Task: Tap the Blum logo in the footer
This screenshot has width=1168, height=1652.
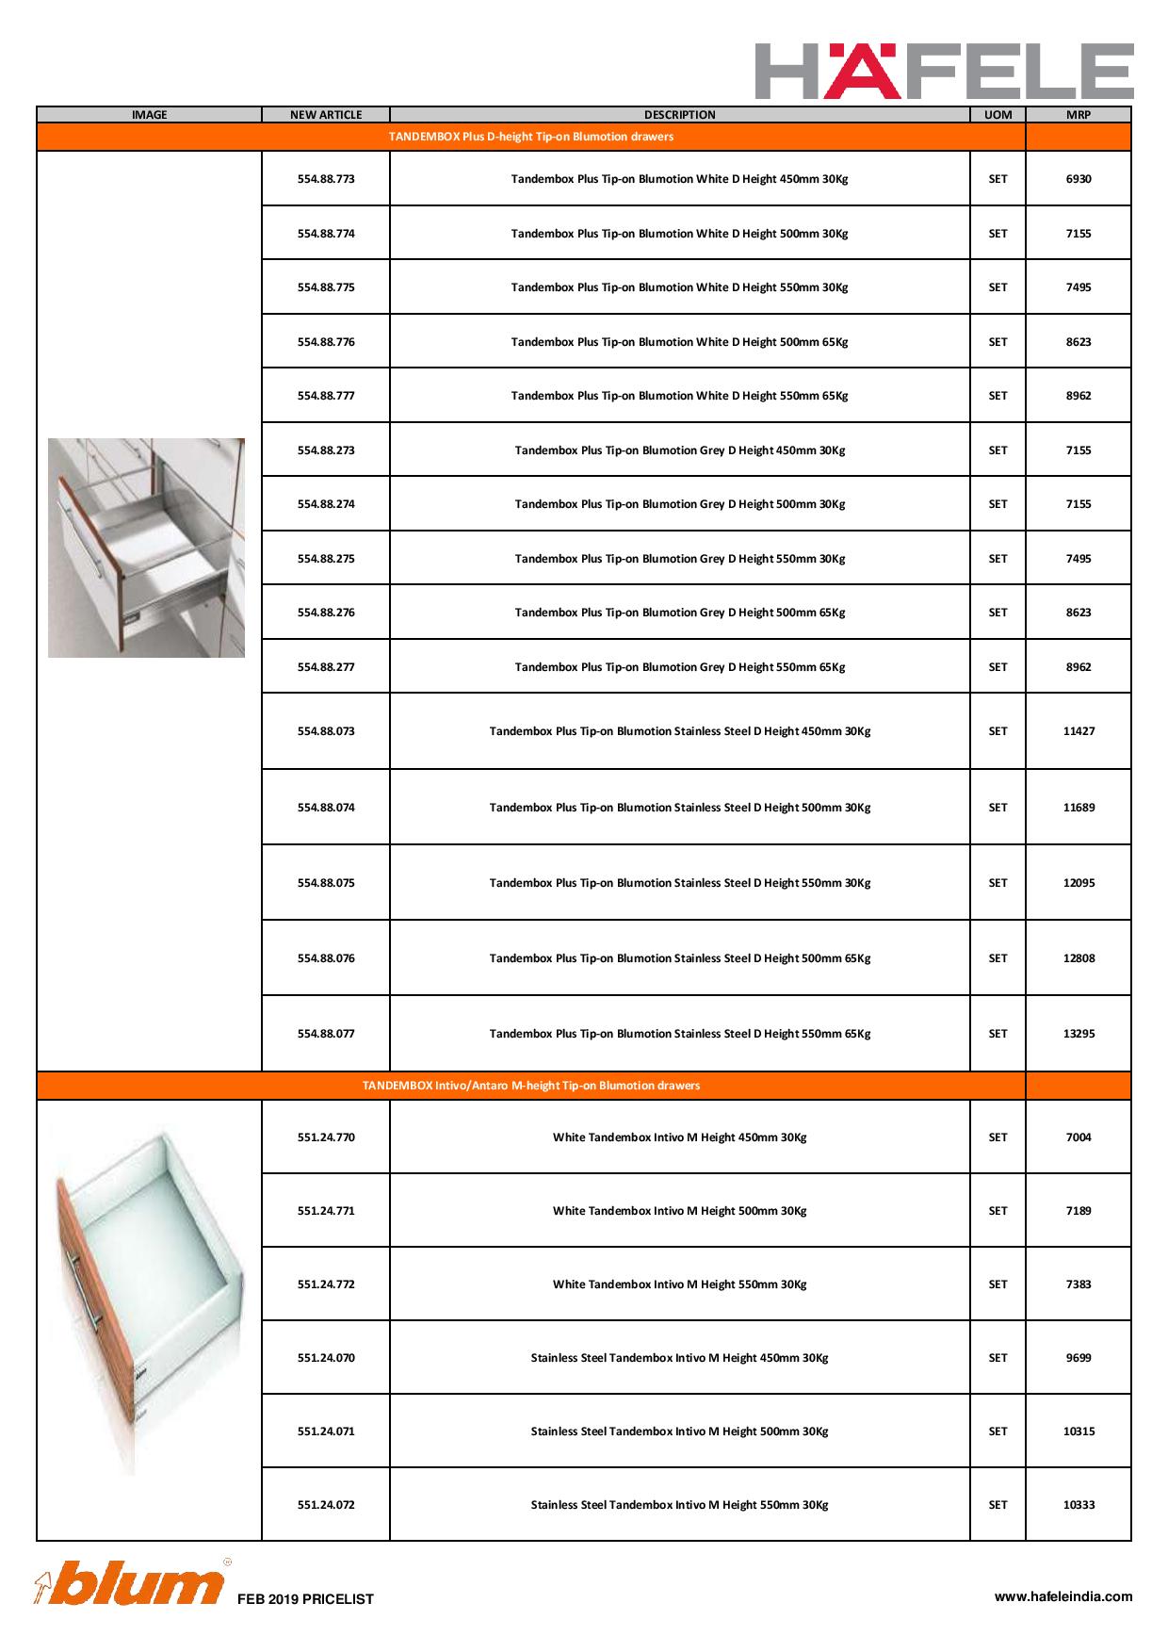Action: [x=132, y=1583]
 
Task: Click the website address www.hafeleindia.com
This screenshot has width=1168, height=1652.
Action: [x=1063, y=1596]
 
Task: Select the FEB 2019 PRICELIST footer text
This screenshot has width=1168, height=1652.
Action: [x=305, y=1599]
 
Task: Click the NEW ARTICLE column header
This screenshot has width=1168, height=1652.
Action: [x=326, y=115]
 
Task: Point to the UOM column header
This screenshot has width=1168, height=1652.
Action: [x=998, y=115]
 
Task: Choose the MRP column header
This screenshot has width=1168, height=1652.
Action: [x=1079, y=115]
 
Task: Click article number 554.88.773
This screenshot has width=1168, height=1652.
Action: [x=326, y=179]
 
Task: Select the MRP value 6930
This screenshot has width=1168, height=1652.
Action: [x=1079, y=179]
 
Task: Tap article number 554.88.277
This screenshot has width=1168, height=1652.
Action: [x=326, y=667]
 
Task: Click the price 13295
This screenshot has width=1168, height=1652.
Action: [x=1079, y=1034]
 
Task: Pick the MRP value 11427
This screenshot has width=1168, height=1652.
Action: [x=1079, y=731]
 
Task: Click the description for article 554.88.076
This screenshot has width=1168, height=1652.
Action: [x=679, y=958]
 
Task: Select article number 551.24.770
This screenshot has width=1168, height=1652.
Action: [x=326, y=1137]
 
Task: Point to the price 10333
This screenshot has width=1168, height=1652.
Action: [x=1079, y=1505]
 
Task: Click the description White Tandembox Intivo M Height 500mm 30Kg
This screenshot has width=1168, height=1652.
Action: [x=679, y=1211]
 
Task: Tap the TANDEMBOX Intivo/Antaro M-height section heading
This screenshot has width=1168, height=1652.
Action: [x=531, y=1086]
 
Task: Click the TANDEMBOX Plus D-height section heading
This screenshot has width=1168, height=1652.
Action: [x=531, y=137]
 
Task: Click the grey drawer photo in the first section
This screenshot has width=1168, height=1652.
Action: [x=146, y=548]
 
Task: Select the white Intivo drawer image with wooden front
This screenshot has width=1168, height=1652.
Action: [x=148, y=1300]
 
